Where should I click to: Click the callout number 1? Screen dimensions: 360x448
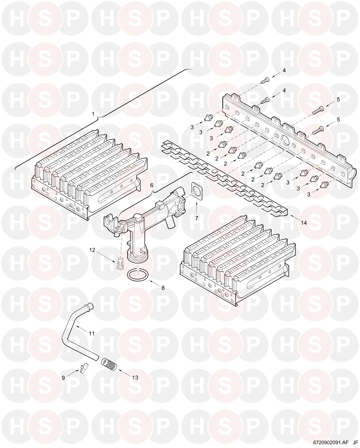coord(94,114)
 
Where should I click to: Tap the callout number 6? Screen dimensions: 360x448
coord(151,185)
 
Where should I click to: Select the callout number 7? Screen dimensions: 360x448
coord(197,218)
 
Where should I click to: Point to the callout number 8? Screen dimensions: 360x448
coord(163,288)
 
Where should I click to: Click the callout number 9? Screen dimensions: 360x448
coord(63,378)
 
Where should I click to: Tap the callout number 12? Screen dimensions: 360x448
coord(92,250)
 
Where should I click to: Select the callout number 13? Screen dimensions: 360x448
coord(135,378)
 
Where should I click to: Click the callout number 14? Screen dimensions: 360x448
coord(304,223)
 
